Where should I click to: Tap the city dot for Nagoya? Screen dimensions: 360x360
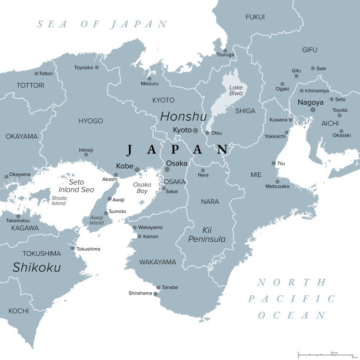tap(313, 109)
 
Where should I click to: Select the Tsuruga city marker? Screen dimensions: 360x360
tap(224, 49)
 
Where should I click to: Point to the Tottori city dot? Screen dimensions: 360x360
tap(36, 74)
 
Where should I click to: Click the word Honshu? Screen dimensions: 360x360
tap(184, 116)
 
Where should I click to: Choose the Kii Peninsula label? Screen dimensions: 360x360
tap(206, 234)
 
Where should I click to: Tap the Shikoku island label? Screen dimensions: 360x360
tap(36, 267)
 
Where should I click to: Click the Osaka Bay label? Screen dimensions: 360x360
tap(142, 188)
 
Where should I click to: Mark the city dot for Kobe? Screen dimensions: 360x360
tap(137, 169)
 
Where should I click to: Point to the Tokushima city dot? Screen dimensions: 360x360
tap(73, 248)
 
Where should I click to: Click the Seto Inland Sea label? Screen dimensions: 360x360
tap(76, 185)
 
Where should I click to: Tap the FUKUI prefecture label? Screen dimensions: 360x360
tap(255, 17)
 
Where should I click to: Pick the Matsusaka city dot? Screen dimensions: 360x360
tap(278, 181)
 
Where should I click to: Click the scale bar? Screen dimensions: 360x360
tap(326, 354)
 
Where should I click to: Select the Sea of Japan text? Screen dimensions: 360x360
tap(102, 24)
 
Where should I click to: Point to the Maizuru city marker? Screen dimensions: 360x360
tap(149, 78)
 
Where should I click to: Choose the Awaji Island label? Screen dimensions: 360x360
tap(96, 220)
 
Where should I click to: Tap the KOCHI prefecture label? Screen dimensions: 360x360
tap(18, 311)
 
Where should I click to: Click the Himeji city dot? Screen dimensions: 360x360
tap(86, 155)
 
